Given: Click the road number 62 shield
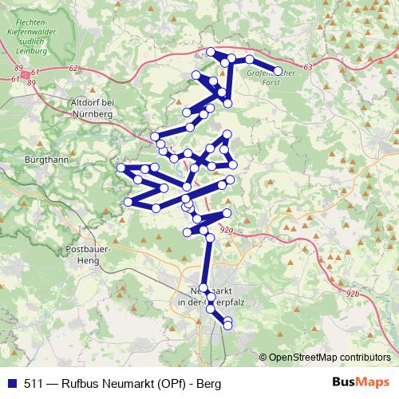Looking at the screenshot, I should pos(73,69).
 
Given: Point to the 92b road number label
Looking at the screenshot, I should pos(353,294).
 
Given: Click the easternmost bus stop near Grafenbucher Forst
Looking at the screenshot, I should pos(279,70).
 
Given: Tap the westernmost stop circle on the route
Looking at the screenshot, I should pos(120,168).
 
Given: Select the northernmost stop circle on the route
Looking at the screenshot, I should pos(211,52).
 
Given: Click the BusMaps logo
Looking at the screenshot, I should pos(362,381).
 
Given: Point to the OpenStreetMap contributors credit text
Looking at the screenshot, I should pos(327,357).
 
